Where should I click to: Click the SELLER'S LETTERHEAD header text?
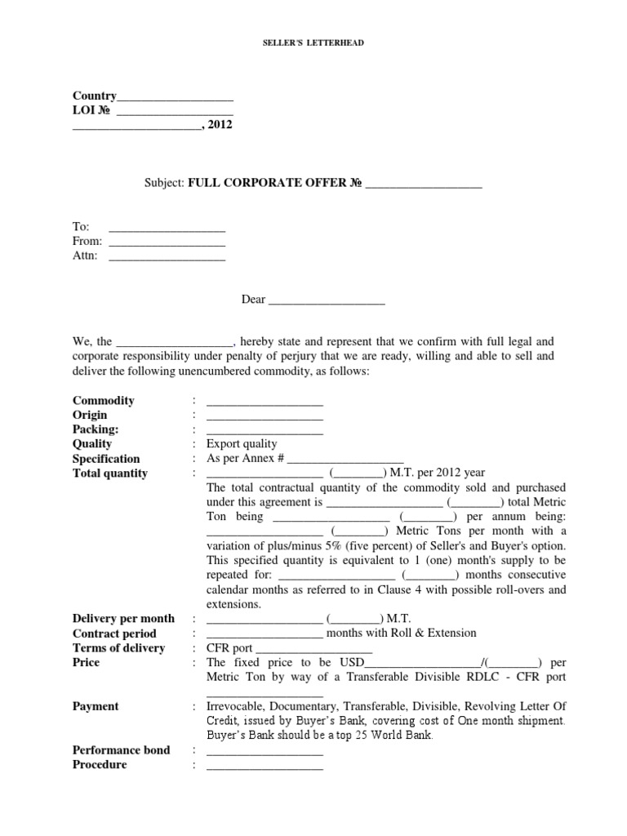313,42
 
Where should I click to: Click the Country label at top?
95,96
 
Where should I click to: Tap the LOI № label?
91,110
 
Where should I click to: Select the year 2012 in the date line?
220,125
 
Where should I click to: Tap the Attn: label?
85,256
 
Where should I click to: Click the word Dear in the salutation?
253,300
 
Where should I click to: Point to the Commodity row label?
104,401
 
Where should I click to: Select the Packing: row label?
96,429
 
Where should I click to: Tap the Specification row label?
106,459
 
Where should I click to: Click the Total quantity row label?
110,473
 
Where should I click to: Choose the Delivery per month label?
123,619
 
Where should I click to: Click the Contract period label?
113,633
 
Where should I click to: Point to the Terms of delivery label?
118,647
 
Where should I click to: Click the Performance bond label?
121,749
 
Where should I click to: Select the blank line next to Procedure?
265,767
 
